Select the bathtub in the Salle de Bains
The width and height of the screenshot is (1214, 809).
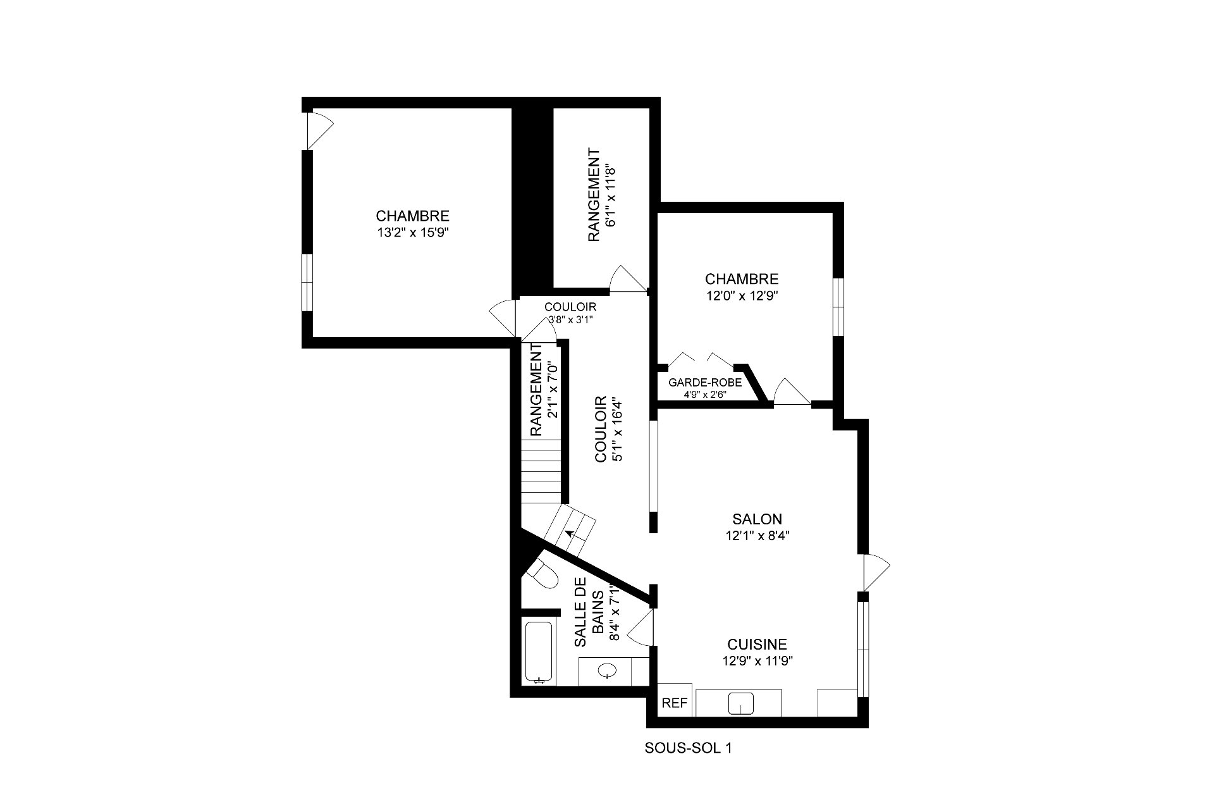pos(540,652)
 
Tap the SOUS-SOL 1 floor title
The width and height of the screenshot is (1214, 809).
pos(688,748)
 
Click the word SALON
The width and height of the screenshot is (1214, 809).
pos(757,519)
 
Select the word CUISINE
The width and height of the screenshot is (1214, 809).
pos(757,645)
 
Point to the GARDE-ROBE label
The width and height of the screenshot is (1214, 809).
pos(705,383)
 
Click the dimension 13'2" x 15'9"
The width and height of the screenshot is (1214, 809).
pos(413,232)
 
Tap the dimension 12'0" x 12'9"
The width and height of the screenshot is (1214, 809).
pos(742,295)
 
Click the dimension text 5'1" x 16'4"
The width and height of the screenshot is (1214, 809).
pos(617,429)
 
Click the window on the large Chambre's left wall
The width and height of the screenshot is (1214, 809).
pos(307,283)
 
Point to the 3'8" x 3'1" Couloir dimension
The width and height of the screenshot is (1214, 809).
pos(570,319)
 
